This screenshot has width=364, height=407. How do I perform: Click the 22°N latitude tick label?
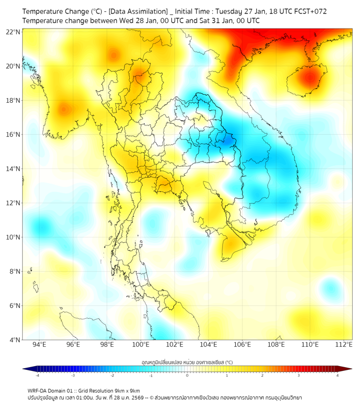tap(13, 32)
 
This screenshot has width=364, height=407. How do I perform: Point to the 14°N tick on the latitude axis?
tap(13, 169)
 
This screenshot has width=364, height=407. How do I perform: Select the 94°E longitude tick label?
tap(39, 345)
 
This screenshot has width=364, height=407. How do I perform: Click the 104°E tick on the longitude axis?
tap(208, 345)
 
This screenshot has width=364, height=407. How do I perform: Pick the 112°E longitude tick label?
tap(344, 345)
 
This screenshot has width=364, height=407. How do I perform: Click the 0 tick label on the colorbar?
tap(187, 375)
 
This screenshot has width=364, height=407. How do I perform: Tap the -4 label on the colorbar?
tap(37, 375)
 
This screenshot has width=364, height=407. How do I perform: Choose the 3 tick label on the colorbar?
tap(299, 375)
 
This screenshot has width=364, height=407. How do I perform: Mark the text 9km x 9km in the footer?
tap(125, 391)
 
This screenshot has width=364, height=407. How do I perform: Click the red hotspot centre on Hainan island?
tap(309, 78)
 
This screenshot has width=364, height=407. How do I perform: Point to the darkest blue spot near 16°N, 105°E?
tap(228, 139)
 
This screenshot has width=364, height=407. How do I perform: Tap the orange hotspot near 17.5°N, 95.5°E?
tap(64, 109)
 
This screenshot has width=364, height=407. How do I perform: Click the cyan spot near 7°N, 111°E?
tap(329, 286)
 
